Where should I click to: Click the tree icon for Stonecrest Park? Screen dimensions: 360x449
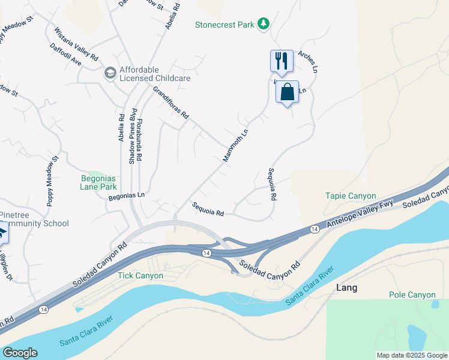point(262,24)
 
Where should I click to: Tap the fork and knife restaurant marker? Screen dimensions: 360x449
point(282,60)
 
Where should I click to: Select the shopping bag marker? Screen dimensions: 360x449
point(288,92)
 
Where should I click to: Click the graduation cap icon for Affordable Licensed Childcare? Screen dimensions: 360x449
point(110,73)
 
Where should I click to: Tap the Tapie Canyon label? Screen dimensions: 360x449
point(351,196)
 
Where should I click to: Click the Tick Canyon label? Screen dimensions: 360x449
point(140,275)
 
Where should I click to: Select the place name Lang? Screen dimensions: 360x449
point(346,288)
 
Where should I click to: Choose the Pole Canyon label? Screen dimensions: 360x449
point(412,295)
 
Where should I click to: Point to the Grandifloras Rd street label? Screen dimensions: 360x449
point(171,102)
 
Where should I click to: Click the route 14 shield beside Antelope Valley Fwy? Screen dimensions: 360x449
point(314,229)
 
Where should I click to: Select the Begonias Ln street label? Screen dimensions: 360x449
point(127,195)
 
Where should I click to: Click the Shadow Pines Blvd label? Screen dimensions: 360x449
point(133,137)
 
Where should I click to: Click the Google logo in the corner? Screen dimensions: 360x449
point(19,353)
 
